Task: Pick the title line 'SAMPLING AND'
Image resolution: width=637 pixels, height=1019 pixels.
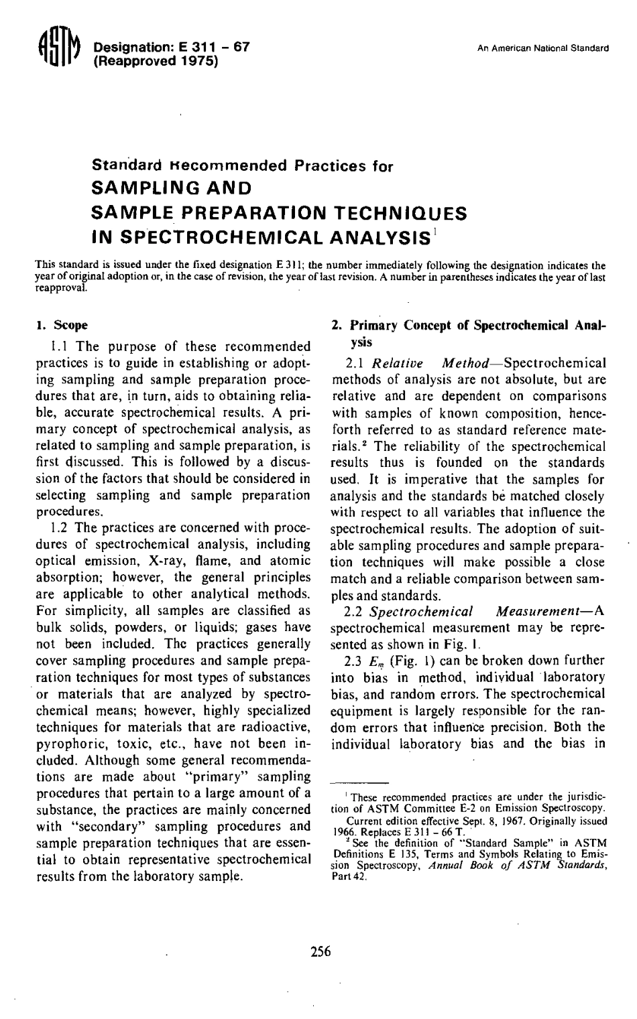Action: coord(170,188)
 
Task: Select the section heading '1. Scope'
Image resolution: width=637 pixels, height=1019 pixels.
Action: coord(62,326)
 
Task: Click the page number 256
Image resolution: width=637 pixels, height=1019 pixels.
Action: coord(321,951)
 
